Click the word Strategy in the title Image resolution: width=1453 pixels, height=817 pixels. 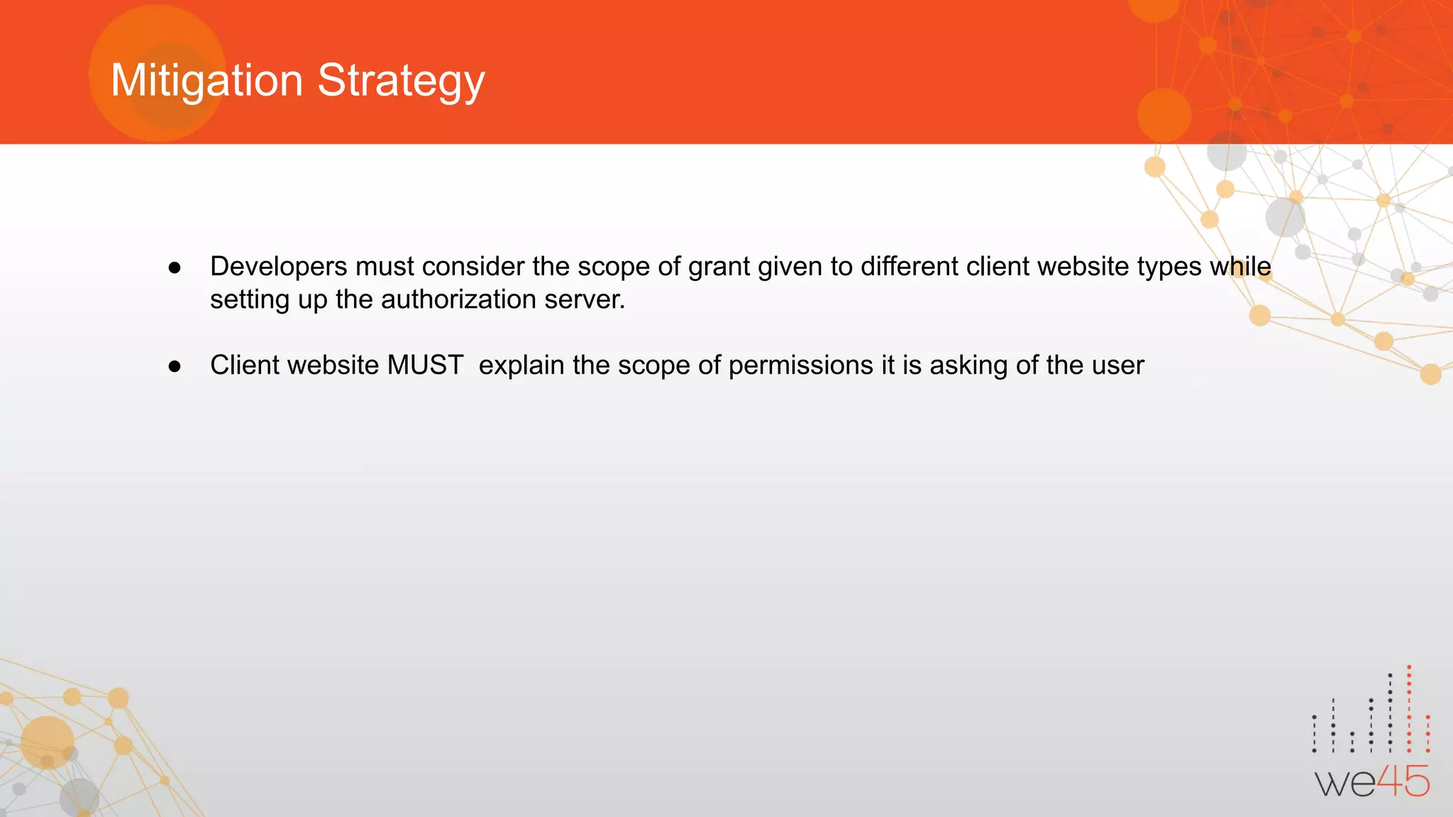pyautogui.click(x=401, y=80)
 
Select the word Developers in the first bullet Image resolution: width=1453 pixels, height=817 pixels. pyautogui.click(x=278, y=267)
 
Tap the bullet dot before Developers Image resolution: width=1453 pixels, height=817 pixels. pyautogui.click(x=175, y=268)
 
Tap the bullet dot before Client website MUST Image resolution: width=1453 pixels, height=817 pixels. pyautogui.click(x=175, y=367)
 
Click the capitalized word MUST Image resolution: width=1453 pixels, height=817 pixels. pyautogui.click(x=425, y=365)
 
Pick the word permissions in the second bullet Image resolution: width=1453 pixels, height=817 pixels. pyautogui.click(x=801, y=365)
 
